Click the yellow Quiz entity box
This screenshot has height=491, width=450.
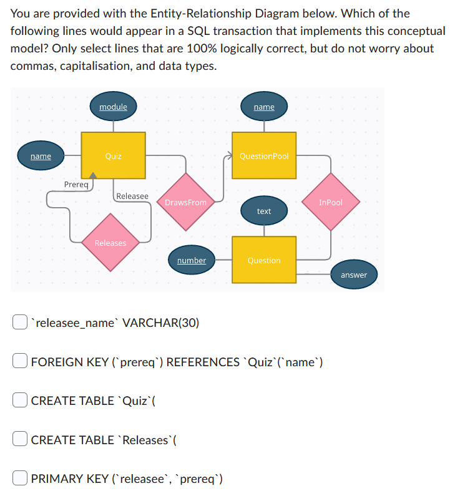point(113,155)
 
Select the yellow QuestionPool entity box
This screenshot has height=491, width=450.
point(264,155)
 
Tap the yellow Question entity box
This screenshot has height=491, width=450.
point(264,260)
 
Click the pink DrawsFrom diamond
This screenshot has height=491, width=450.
point(185,202)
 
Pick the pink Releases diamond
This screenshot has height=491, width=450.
point(110,243)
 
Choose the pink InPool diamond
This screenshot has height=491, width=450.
point(331,202)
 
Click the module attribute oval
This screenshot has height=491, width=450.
point(113,107)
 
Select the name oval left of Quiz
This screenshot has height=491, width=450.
point(41,155)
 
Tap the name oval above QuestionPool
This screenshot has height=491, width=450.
point(264,107)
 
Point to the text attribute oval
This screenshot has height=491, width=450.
point(264,211)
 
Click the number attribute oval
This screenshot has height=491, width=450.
point(191,260)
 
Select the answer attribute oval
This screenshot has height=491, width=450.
point(354,275)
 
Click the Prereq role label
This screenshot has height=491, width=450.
point(78,185)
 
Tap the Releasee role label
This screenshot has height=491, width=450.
point(132,196)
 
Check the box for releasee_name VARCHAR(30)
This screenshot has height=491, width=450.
point(19,322)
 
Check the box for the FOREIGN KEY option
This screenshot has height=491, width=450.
point(19,361)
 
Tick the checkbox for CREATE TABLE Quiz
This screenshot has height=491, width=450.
point(19,401)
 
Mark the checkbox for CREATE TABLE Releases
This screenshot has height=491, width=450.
point(19,440)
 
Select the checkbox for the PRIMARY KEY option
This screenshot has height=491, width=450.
point(19,479)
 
